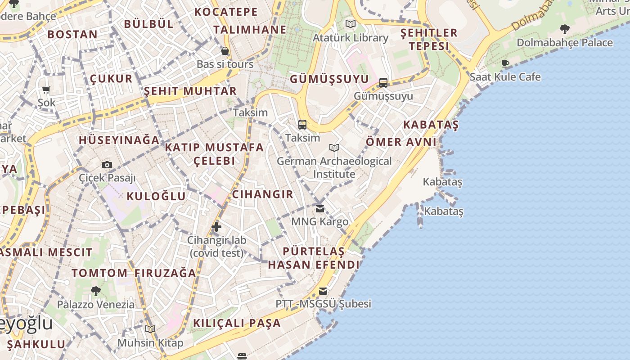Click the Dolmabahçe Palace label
[x=564, y=43]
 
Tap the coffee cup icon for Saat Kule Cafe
[x=505, y=63]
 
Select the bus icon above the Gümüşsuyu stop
[x=383, y=82]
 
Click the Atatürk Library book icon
[x=350, y=24]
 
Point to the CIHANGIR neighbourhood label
[x=262, y=194]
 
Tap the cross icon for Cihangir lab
[x=216, y=227]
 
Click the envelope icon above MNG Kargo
[x=320, y=208]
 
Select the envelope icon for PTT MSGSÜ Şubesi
[x=323, y=291]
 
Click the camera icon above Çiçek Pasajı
[x=107, y=165]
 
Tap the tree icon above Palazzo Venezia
[x=95, y=291]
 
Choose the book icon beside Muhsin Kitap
[x=150, y=329]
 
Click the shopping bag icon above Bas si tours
[x=225, y=51]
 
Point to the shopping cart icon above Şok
[x=46, y=90]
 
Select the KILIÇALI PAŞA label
[x=237, y=323]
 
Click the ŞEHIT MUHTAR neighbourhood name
[x=190, y=91]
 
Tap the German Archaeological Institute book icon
[x=334, y=148]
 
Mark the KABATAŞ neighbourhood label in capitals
[x=431, y=125]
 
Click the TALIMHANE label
[x=250, y=30]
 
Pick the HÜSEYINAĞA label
[x=119, y=140]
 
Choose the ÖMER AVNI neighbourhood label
[x=401, y=142]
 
